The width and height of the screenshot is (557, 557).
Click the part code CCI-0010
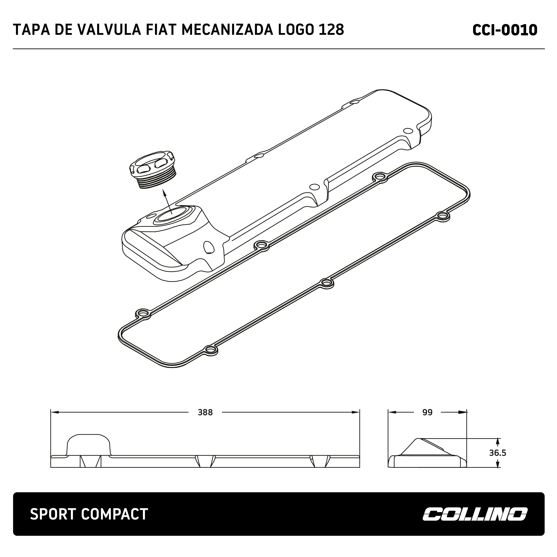pyautogui.click(x=505, y=30)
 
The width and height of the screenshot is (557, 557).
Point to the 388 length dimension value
pyautogui.click(x=205, y=413)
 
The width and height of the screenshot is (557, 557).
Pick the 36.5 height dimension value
pyautogui.click(x=498, y=453)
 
